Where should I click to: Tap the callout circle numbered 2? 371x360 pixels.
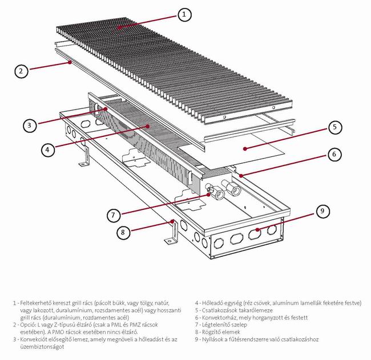21,71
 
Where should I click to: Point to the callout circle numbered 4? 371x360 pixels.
49,149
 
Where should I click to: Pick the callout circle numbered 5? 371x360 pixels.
335,127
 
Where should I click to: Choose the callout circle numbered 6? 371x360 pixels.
335,154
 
